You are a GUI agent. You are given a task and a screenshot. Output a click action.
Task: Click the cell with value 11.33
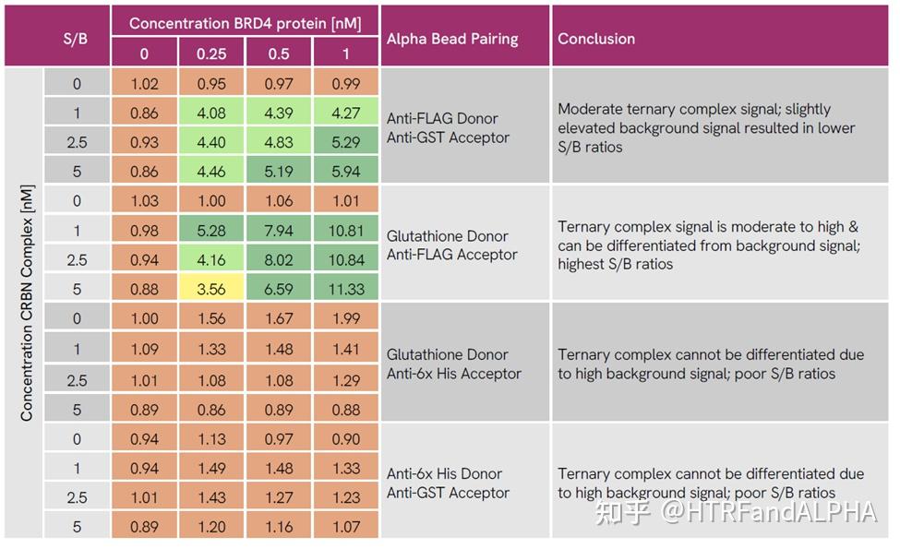point(346,289)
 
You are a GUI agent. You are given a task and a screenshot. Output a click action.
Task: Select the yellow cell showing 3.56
point(211,289)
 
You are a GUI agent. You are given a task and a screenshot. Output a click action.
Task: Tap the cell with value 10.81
point(346,230)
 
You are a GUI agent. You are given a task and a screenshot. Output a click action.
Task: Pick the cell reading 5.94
point(346,171)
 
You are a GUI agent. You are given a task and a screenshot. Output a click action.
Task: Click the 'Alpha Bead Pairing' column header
point(452,39)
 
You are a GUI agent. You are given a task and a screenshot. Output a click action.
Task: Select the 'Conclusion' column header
point(596,39)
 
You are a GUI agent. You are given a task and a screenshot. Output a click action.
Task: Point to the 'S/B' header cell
point(77,39)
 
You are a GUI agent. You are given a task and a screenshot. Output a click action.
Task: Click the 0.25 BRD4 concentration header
point(211,54)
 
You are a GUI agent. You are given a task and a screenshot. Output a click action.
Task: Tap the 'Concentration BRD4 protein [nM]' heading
point(245,22)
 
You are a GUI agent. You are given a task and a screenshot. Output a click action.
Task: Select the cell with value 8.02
point(279,259)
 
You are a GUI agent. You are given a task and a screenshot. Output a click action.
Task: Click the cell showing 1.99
point(346,318)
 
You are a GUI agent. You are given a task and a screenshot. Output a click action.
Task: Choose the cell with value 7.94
point(279,230)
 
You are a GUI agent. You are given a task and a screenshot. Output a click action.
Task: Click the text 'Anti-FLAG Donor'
point(442,118)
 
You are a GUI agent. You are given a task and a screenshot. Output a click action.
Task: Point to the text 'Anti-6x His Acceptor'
point(454,374)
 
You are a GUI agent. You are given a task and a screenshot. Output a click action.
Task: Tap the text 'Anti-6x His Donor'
point(444,473)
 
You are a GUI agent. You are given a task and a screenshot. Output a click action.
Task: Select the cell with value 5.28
point(211,230)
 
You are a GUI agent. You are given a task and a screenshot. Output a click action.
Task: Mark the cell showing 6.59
point(279,289)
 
